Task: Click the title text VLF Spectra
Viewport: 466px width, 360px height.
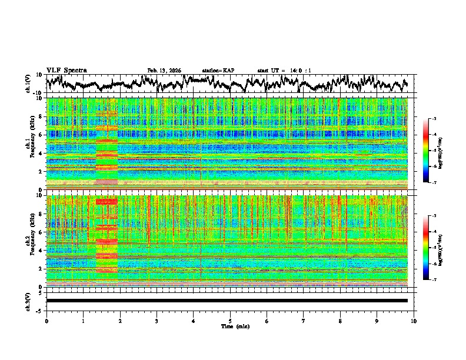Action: click(66, 70)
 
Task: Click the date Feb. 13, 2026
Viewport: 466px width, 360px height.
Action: click(164, 71)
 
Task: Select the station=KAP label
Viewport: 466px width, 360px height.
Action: click(218, 71)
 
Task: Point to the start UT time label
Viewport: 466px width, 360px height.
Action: click(284, 71)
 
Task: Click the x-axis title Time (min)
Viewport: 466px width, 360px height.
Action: click(230, 326)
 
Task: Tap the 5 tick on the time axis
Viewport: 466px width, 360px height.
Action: click(230, 321)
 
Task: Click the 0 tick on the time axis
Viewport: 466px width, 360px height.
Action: click(46, 321)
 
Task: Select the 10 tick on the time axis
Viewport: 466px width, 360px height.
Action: click(414, 321)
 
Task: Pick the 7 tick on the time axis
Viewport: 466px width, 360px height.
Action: click(304, 321)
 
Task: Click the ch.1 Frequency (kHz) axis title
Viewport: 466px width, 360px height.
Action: click(31, 144)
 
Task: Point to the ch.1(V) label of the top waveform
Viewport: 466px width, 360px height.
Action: click(29, 84)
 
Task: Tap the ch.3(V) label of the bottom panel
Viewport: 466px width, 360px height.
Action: click(29, 301)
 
